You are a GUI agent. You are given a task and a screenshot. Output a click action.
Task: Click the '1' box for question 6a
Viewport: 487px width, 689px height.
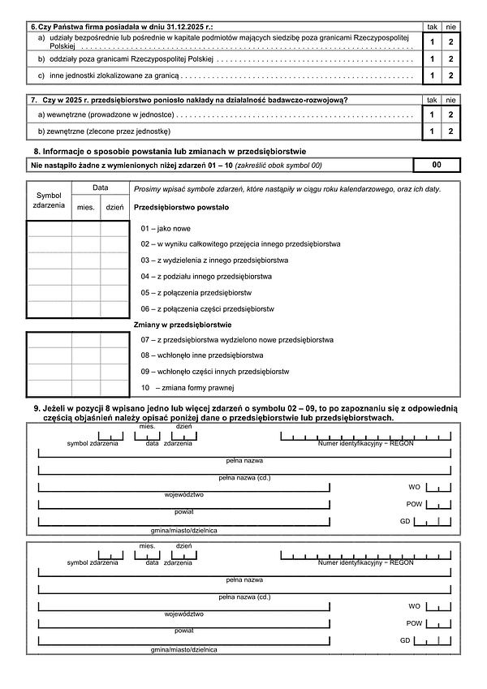pos(433,41)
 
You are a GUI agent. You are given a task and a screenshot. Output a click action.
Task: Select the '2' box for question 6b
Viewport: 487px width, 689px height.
pos(451,59)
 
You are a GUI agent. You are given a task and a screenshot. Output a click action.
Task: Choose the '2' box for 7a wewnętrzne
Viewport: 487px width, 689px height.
pos(451,115)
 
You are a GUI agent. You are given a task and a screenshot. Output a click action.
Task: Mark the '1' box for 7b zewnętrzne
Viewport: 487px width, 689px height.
pos(433,131)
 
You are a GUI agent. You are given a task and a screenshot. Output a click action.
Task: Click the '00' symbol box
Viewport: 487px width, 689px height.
pos(437,166)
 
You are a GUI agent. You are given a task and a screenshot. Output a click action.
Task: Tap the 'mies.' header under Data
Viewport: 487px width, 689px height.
pos(86,207)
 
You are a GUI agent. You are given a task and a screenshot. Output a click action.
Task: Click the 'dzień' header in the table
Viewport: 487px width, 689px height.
pos(114,207)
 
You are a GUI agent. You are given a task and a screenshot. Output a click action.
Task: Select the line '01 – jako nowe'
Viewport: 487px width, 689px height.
pos(166,229)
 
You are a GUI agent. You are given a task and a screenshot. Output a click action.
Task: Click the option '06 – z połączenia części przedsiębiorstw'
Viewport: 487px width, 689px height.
pos(207,308)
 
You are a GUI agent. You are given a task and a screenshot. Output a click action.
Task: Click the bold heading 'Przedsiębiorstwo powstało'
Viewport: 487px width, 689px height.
pos(181,208)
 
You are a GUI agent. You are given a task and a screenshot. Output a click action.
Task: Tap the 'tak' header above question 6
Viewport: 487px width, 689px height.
pos(433,27)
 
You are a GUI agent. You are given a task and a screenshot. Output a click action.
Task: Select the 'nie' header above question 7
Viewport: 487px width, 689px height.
pos(451,100)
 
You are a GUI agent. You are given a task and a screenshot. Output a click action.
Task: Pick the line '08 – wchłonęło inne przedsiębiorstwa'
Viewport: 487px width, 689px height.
pos(201,355)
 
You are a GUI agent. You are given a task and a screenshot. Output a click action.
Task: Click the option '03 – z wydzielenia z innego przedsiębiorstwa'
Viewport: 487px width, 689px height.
pos(214,261)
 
